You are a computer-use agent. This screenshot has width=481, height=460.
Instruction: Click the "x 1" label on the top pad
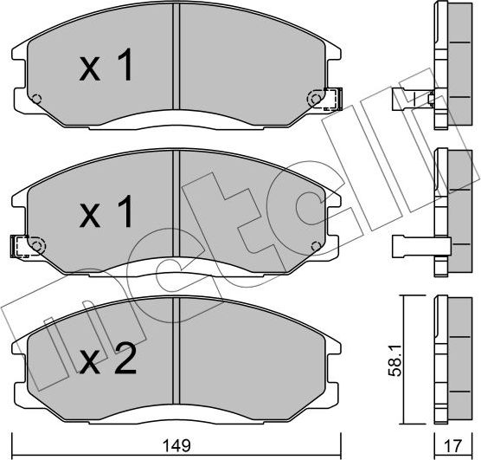pyautogui.click(x=106, y=67)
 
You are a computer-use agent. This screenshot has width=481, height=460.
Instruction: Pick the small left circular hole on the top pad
pyautogui.click(x=35, y=98)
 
